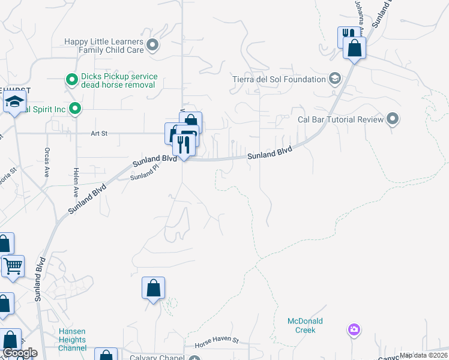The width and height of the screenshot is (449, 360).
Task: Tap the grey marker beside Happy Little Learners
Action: [152, 44]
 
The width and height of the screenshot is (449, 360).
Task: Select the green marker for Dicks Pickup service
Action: [72, 79]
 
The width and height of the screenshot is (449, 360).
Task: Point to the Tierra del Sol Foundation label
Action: [279, 79]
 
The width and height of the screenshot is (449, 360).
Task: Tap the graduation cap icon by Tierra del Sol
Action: [334, 79]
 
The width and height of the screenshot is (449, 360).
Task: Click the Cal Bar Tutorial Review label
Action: [340, 119]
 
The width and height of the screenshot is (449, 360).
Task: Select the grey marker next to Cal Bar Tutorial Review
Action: [393, 119]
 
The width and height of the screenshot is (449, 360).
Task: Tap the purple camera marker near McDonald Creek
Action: [354, 329]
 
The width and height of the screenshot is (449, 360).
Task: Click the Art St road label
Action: [99, 134]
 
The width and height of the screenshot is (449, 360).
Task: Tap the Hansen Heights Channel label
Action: [72, 340]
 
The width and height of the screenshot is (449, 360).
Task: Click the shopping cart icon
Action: [13, 265]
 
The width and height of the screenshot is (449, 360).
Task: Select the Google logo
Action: [20, 353]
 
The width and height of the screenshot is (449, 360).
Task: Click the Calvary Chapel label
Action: [157, 358]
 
